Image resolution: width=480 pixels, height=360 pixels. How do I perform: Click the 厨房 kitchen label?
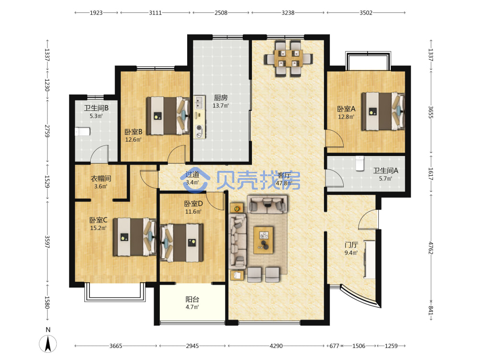pos(220,97)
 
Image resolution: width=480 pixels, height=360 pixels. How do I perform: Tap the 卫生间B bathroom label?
pos(96,108)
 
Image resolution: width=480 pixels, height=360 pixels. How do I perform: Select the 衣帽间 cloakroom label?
pos(101,179)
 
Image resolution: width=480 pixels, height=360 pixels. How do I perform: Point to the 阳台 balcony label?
pos(192,300)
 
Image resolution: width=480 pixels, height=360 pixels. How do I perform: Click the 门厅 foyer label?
pos(351,245)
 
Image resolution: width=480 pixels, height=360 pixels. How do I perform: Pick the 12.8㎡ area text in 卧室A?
pos(346,117)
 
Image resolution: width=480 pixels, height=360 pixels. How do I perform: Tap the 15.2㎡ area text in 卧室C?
pos(98,228)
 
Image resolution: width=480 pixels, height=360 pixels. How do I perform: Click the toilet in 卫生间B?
pos(83,132)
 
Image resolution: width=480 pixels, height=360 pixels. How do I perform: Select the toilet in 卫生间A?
pos(360,163)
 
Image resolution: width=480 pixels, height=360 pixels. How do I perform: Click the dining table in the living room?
pos(288,58)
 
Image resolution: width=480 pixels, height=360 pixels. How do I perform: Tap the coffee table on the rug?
pos(263,240)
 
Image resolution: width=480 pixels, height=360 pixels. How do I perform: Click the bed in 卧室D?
pos(181,242)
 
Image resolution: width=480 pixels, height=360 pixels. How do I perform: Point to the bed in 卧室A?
pos(383,111)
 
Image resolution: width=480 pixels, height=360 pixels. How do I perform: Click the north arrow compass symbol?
pos(48,344)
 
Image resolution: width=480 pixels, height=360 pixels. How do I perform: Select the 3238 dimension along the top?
pos(288,13)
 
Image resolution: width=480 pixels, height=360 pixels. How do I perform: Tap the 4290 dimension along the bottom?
pos(276,346)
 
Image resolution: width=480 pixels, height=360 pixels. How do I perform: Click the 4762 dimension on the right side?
pos(431,248)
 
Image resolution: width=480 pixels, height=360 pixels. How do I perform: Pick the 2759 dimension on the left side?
pos(47,131)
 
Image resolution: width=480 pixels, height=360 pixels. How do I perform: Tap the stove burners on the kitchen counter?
pos(199,131)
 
